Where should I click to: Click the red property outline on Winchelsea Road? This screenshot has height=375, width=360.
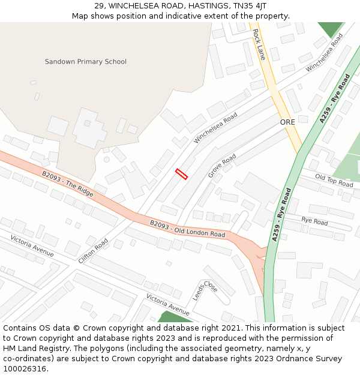pos(181,174)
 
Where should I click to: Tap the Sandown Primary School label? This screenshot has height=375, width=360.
pos(86,62)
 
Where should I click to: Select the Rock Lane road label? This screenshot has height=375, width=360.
pos(259,44)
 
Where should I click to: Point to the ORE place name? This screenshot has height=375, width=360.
pos(287,122)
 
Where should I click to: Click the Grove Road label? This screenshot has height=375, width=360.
pos(222,166)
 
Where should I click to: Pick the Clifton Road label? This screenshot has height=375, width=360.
pos(93,251)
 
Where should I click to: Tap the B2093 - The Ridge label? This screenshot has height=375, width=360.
pos(68,184)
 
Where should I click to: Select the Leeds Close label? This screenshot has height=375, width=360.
pos(205,291)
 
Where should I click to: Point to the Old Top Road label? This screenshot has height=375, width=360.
pos(334,181)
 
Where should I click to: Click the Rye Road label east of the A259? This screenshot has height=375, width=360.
pos(314,221)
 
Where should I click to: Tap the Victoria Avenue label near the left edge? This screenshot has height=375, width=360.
pos(32,246)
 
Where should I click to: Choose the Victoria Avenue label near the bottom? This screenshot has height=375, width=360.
pos(168,305)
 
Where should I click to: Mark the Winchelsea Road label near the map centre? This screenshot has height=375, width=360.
pos(215,128)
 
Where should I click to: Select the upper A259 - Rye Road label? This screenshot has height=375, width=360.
pos(335,98)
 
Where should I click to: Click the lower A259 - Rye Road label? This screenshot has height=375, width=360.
pos(281,214)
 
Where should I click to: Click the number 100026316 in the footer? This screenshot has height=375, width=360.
pos(25,368)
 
